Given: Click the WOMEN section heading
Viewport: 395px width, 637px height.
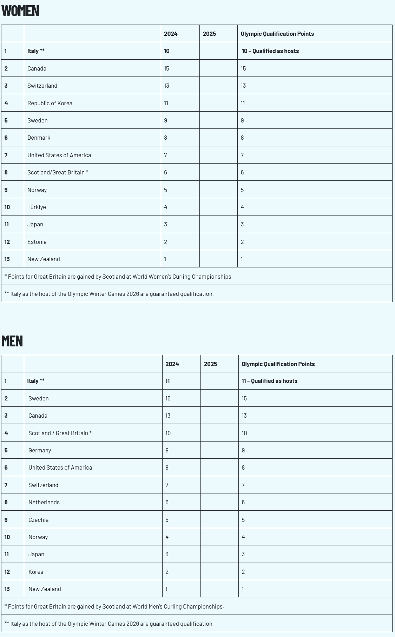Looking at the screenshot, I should (20, 11).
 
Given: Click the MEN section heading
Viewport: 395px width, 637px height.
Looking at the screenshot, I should (12, 341).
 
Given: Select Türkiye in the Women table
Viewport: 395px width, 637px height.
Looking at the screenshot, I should (37, 207).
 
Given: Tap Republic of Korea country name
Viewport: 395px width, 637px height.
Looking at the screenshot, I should (50, 103).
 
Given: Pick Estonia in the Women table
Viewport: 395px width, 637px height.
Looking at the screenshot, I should (37, 242).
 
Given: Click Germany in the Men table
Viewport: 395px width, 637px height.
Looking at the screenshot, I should (40, 450).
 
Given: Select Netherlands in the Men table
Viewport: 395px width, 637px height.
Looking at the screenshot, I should (44, 502).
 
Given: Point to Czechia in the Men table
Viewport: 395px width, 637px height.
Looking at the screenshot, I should (38, 520).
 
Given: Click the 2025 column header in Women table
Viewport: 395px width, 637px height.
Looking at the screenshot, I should (209, 34).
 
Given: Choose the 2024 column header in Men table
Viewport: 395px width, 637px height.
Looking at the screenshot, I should (172, 364).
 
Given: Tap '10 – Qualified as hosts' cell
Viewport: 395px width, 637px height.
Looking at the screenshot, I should (270, 51).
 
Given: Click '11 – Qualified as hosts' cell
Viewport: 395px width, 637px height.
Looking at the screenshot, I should (269, 381).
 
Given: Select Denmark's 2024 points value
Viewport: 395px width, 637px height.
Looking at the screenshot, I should (166, 138).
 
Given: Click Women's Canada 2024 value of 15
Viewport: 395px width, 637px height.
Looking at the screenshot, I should (166, 68).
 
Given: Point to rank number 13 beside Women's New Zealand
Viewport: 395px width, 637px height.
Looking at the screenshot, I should (7, 259).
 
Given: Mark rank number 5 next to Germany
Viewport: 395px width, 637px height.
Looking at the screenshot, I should (6, 450).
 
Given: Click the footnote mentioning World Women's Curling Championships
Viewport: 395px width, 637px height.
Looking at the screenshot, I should (118, 277).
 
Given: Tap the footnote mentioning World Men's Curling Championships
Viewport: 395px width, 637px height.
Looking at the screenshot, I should (114, 606).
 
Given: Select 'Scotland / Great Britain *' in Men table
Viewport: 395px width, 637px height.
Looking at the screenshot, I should (60, 433).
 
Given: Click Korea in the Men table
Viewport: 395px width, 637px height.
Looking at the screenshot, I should (36, 572).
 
